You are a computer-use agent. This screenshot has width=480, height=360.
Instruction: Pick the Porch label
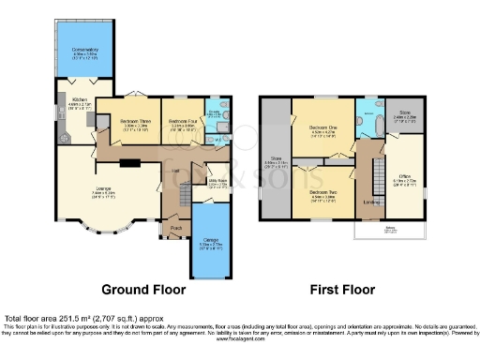point(175,228)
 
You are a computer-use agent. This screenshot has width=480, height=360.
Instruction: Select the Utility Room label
point(217,182)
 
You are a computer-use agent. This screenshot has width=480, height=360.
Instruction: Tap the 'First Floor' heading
point(342,290)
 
